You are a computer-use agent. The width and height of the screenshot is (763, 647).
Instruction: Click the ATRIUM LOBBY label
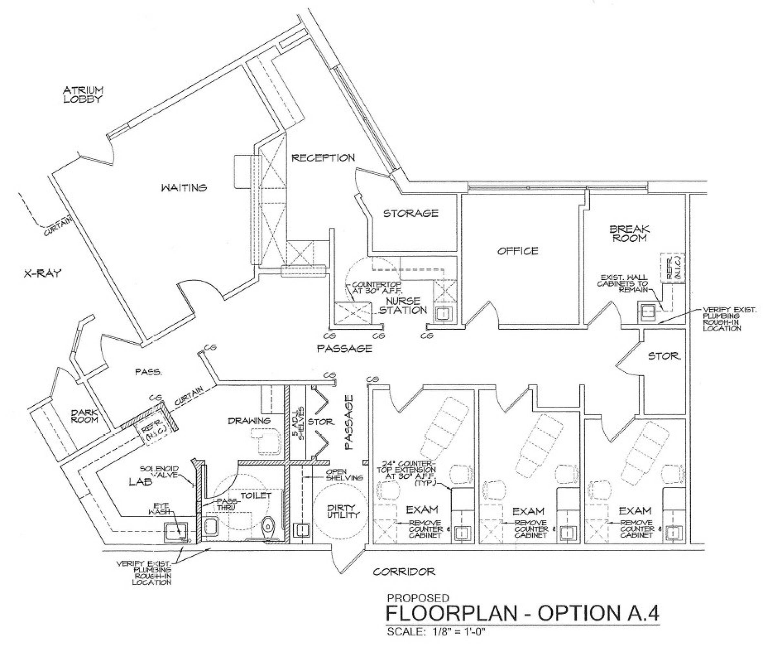83,94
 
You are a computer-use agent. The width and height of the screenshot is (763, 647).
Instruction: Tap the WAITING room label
184,188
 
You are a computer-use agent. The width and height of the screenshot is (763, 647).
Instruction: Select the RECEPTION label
323,158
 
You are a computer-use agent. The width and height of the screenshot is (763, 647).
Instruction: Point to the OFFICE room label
517,251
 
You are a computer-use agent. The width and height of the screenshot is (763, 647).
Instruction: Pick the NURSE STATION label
403,305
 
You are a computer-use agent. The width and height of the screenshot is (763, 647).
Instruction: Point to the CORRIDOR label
404,571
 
